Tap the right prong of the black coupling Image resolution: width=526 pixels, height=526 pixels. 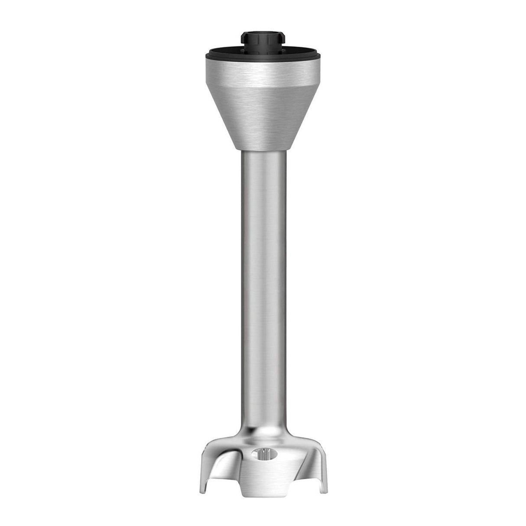pyautogui.click(x=282, y=44)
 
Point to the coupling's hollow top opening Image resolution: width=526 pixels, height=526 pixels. pyautogui.click(x=263, y=35)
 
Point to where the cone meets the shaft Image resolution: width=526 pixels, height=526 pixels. pyautogui.click(x=263, y=149)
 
